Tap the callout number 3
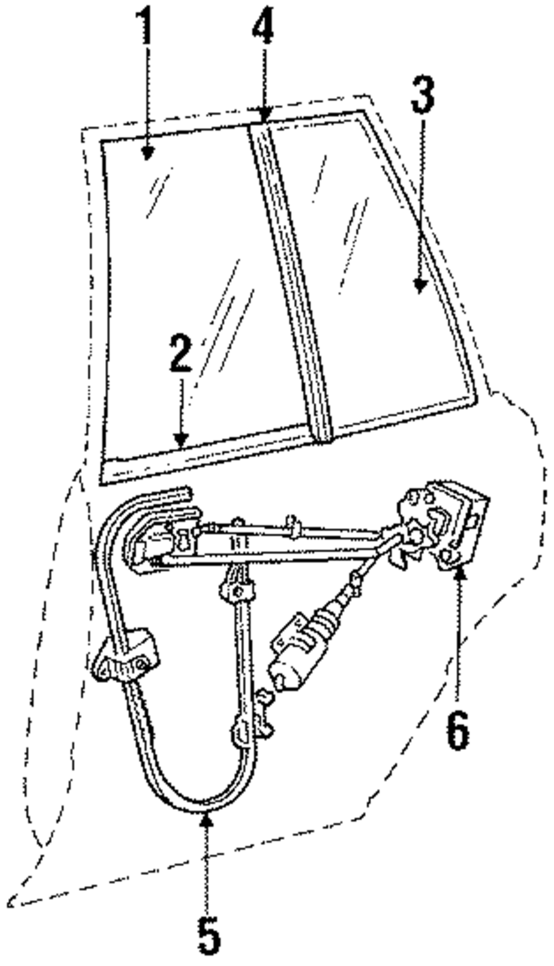(422, 95)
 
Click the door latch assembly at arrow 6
(443, 526)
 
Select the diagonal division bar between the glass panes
(291, 282)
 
